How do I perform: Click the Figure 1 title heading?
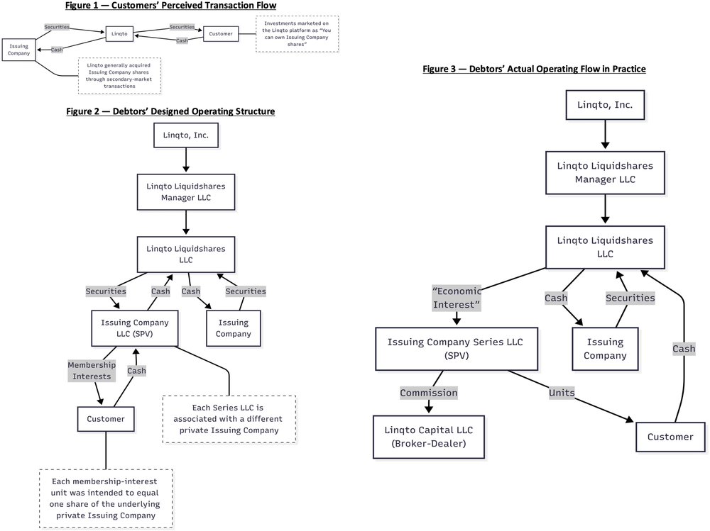coord(170,6)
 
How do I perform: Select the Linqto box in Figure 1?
coord(119,33)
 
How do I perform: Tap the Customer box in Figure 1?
coord(221,33)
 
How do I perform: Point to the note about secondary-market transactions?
coord(119,76)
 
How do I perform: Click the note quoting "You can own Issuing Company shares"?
coord(297,34)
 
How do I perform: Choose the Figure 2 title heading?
coord(170,111)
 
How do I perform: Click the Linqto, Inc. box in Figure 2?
coord(185,135)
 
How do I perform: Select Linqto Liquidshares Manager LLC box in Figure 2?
coord(185,192)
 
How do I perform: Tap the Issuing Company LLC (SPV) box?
coord(134,328)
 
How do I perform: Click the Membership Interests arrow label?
coord(92,371)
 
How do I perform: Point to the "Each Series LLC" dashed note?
coord(229,419)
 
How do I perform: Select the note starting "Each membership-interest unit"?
coord(106,498)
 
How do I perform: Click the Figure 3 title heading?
coord(535,69)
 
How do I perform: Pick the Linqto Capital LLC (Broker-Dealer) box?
coord(428,437)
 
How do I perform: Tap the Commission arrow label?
coord(428,393)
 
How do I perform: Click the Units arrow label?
coord(562,393)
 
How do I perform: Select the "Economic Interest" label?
coord(457,298)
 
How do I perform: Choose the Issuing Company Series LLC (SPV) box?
coord(457,349)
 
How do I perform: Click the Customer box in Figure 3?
coord(670,437)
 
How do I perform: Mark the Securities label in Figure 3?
coord(630,298)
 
